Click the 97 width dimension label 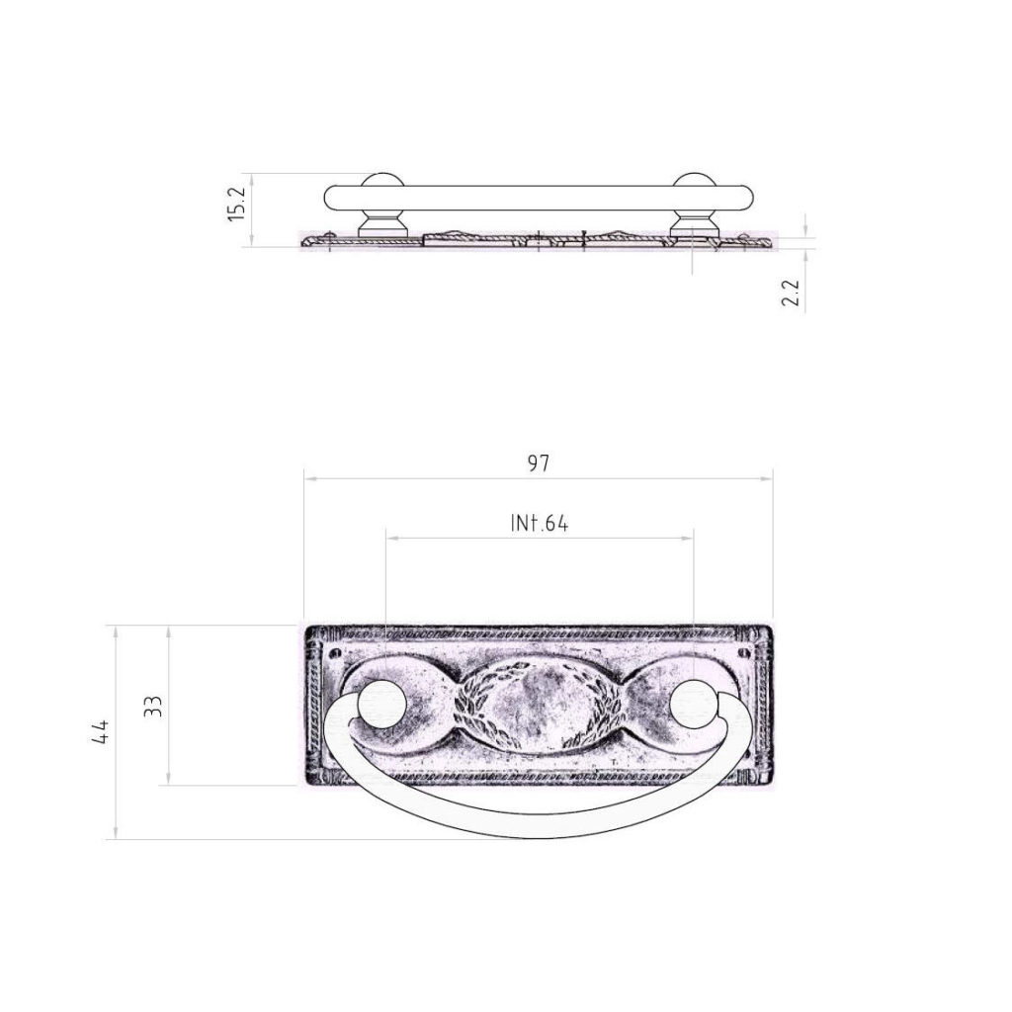point(538,463)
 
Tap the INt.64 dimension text point(540,523)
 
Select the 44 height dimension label point(101,732)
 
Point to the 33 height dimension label point(153,706)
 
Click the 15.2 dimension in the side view point(237,204)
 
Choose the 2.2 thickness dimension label point(791,293)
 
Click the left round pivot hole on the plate point(382,703)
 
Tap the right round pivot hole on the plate point(694,703)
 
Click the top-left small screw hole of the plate point(334,653)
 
